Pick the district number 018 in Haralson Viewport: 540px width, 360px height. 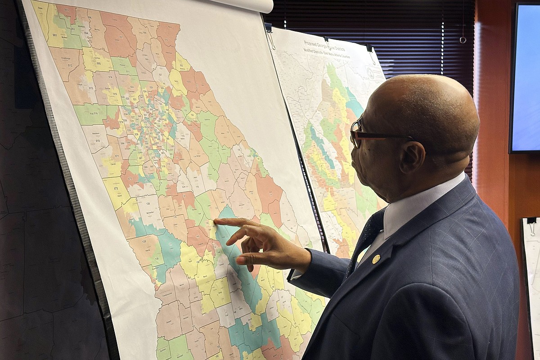98,140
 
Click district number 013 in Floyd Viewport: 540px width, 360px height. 92,88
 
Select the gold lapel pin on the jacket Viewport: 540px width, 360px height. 376,259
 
